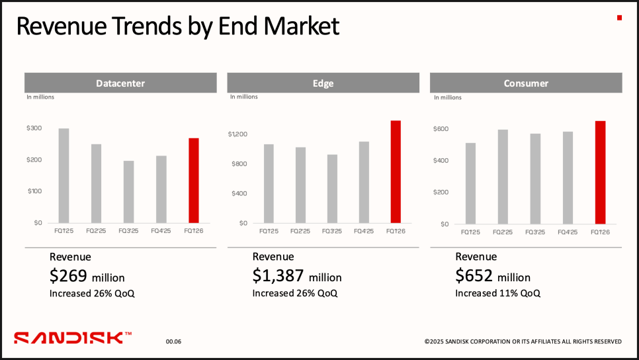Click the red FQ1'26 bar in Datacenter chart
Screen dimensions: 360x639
[194, 180]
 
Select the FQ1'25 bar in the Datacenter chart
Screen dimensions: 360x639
[64, 175]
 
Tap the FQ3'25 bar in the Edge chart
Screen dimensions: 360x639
[332, 189]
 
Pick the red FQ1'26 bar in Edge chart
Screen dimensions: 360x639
[396, 171]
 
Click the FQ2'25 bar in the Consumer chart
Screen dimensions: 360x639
[503, 177]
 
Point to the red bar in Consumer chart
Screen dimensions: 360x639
[600, 172]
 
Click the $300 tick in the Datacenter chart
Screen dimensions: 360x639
[34, 128]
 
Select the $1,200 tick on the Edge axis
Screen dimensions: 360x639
[237, 134]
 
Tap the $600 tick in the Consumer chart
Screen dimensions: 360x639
[441, 128]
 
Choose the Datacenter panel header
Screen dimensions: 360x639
[120, 83]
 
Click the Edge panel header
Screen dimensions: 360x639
[323, 83]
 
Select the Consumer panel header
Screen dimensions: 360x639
[526, 83]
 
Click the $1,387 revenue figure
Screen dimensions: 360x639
[278, 276]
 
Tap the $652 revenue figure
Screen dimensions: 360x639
[474, 276]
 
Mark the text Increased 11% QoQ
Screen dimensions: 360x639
[497, 293]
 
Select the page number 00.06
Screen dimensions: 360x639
[173, 341]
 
